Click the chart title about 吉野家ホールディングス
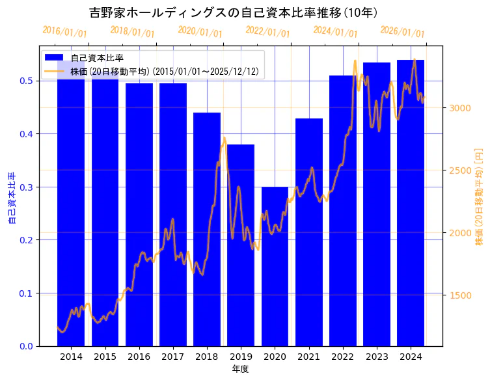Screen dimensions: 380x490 234,13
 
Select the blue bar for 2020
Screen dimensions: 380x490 275,266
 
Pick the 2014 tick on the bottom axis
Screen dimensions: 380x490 71,357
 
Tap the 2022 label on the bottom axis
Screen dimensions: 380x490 342,357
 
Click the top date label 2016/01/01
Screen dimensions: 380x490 64,32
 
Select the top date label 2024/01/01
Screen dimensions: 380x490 335,32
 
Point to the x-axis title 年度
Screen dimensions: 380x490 240,369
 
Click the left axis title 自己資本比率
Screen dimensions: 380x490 11,198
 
